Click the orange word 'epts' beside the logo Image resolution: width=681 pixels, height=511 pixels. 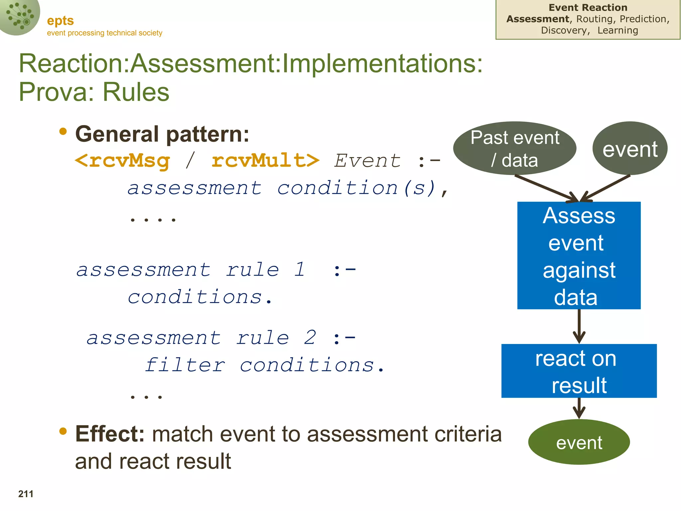(60, 21)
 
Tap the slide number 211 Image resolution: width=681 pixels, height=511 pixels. (26, 494)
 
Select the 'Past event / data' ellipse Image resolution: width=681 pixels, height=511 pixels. (514, 148)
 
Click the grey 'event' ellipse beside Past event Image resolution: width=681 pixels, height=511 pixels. (630, 148)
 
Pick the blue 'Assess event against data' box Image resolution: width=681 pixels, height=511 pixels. (579, 255)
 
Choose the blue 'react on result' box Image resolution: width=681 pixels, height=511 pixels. (579, 371)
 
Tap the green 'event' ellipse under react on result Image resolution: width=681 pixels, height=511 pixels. (579, 442)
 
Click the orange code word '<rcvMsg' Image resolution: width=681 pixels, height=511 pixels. (122, 161)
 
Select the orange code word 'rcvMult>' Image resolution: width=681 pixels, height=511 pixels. (265, 161)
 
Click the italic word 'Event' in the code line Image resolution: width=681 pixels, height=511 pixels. (367, 161)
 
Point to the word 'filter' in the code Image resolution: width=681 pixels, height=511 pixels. (185, 365)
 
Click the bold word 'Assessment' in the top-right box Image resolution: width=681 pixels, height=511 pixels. (538, 19)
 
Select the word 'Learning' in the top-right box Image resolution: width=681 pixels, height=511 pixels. (617, 30)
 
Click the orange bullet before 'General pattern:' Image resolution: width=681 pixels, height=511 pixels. (63, 132)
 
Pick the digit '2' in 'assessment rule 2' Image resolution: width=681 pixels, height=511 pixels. (310, 338)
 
